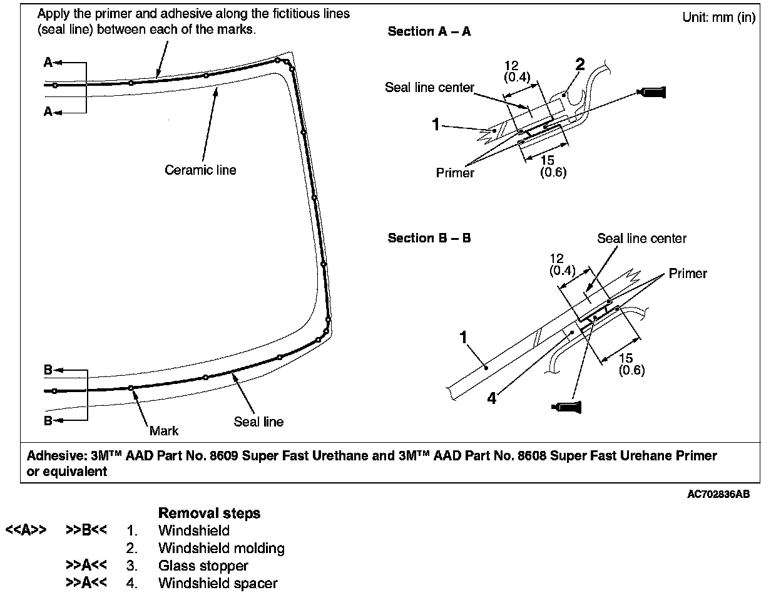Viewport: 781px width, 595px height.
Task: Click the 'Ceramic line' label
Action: pyautogui.click(x=200, y=170)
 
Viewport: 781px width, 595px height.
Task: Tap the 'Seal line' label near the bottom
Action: pyautogui.click(x=258, y=422)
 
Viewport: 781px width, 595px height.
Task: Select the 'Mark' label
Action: pyautogui.click(x=164, y=430)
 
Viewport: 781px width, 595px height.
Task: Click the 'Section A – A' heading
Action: pyautogui.click(x=429, y=31)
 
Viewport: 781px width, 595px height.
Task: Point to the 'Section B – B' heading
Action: pyautogui.click(x=429, y=238)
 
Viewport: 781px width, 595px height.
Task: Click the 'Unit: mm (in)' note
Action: pyautogui.click(x=718, y=18)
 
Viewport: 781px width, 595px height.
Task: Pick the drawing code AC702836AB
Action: pyautogui.click(x=718, y=495)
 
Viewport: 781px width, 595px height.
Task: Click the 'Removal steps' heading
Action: pyautogui.click(x=209, y=514)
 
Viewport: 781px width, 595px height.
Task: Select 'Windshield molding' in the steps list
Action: pyautogui.click(x=221, y=549)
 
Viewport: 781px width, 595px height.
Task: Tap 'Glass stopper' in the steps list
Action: pyautogui.click(x=203, y=566)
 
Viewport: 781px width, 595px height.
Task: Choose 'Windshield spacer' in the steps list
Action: pyautogui.click(x=218, y=584)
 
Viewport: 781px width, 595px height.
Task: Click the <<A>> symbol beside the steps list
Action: pyautogui.click(x=25, y=530)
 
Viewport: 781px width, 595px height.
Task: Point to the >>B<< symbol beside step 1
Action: pyautogui.click(x=86, y=530)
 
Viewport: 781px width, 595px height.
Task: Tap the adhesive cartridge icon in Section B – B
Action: pyautogui.click(x=567, y=406)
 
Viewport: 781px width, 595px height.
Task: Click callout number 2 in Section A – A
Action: pyautogui.click(x=579, y=65)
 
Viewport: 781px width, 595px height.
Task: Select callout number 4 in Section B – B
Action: pyautogui.click(x=492, y=398)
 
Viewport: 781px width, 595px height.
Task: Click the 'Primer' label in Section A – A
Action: pyautogui.click(x=455, y=173)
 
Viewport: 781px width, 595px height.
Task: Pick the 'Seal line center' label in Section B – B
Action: pyautogui.click(x=641, y=239)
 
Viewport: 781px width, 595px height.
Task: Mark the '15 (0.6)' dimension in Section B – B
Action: pyautogui.click(x=631, y=364)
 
